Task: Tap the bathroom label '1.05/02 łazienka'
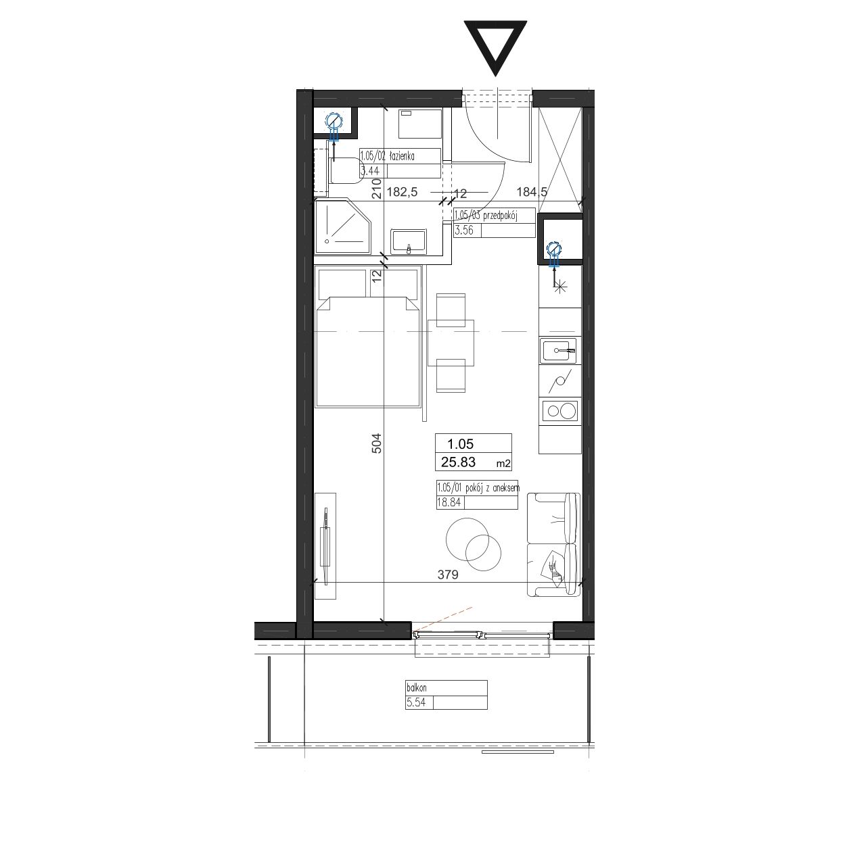[388, 155]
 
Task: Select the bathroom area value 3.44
[369, 170]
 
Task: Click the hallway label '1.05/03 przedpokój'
[486, 216]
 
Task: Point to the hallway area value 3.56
[463, 230]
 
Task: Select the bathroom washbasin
[409, 241]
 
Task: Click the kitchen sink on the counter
[558, 351]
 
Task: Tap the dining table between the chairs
[451, 343]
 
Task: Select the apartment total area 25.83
[459, 462]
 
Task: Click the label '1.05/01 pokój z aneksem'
[478, 488]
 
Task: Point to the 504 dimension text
[376, 443]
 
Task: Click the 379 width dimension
[448, 575]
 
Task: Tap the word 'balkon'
[417, 687]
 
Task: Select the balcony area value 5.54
[416, 702]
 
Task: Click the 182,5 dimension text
[401, 192]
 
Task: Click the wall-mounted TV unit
[325, 546]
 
